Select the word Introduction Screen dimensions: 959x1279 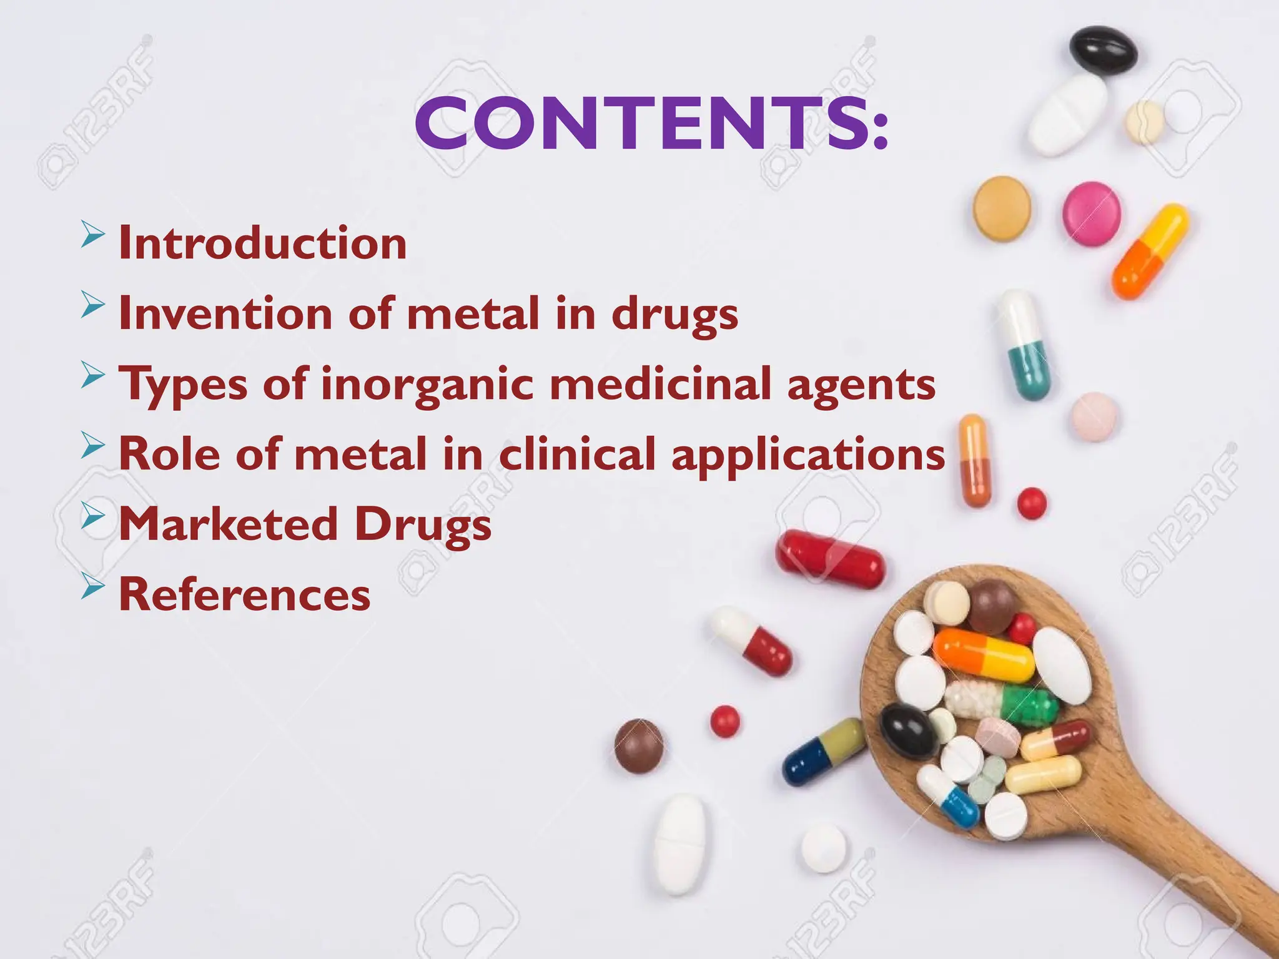point(263,243)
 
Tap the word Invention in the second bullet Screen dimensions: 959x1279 point(225,313)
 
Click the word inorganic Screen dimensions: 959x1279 point(427,384)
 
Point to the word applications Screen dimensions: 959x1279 point(808,455)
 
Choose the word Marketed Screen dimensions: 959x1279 point(229,524)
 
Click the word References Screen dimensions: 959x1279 point(245,594)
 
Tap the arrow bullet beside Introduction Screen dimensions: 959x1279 point(92,235)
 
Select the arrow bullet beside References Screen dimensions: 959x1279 point(92,587)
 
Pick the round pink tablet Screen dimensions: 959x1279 point(1092,214)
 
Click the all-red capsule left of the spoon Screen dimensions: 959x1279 point(830,559)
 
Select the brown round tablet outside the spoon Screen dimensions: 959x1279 point(639,745)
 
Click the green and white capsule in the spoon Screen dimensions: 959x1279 point(1002,701)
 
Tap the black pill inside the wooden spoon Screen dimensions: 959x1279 point(909,729)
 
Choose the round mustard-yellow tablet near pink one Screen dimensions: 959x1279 point(1002,208)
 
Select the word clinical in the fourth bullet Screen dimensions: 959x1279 point(577,455)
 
